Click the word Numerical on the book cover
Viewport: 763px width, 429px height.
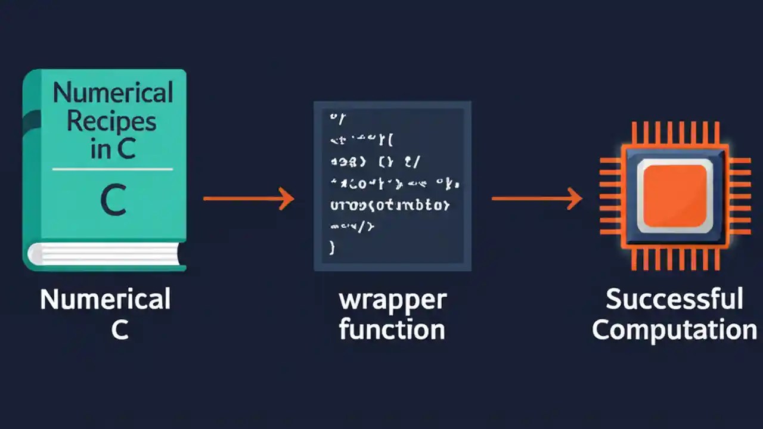tap(113, 93)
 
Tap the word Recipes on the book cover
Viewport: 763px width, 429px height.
tap(111, 121)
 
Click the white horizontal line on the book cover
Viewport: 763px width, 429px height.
tap(113, 169)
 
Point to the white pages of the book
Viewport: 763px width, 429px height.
tap(107, 254)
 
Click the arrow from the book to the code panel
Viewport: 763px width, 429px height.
tap(248, 198)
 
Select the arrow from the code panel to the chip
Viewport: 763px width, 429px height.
tap(536, 198)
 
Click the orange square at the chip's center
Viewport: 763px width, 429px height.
tap(675, 195)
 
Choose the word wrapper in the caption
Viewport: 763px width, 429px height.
tap(392, 300)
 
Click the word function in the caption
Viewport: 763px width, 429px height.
tap(392, 329)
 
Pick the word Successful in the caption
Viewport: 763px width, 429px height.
tap(674, 299)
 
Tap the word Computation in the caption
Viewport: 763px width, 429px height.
tap(674, 329)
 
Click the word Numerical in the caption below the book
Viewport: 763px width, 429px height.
tap(105, 299)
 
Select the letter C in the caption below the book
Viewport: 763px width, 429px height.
tap(119, 329)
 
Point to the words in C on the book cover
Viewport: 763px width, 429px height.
tap(113, 149)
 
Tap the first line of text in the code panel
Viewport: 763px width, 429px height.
tap(337, 117)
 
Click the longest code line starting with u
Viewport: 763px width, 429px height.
tap(389, 206)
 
